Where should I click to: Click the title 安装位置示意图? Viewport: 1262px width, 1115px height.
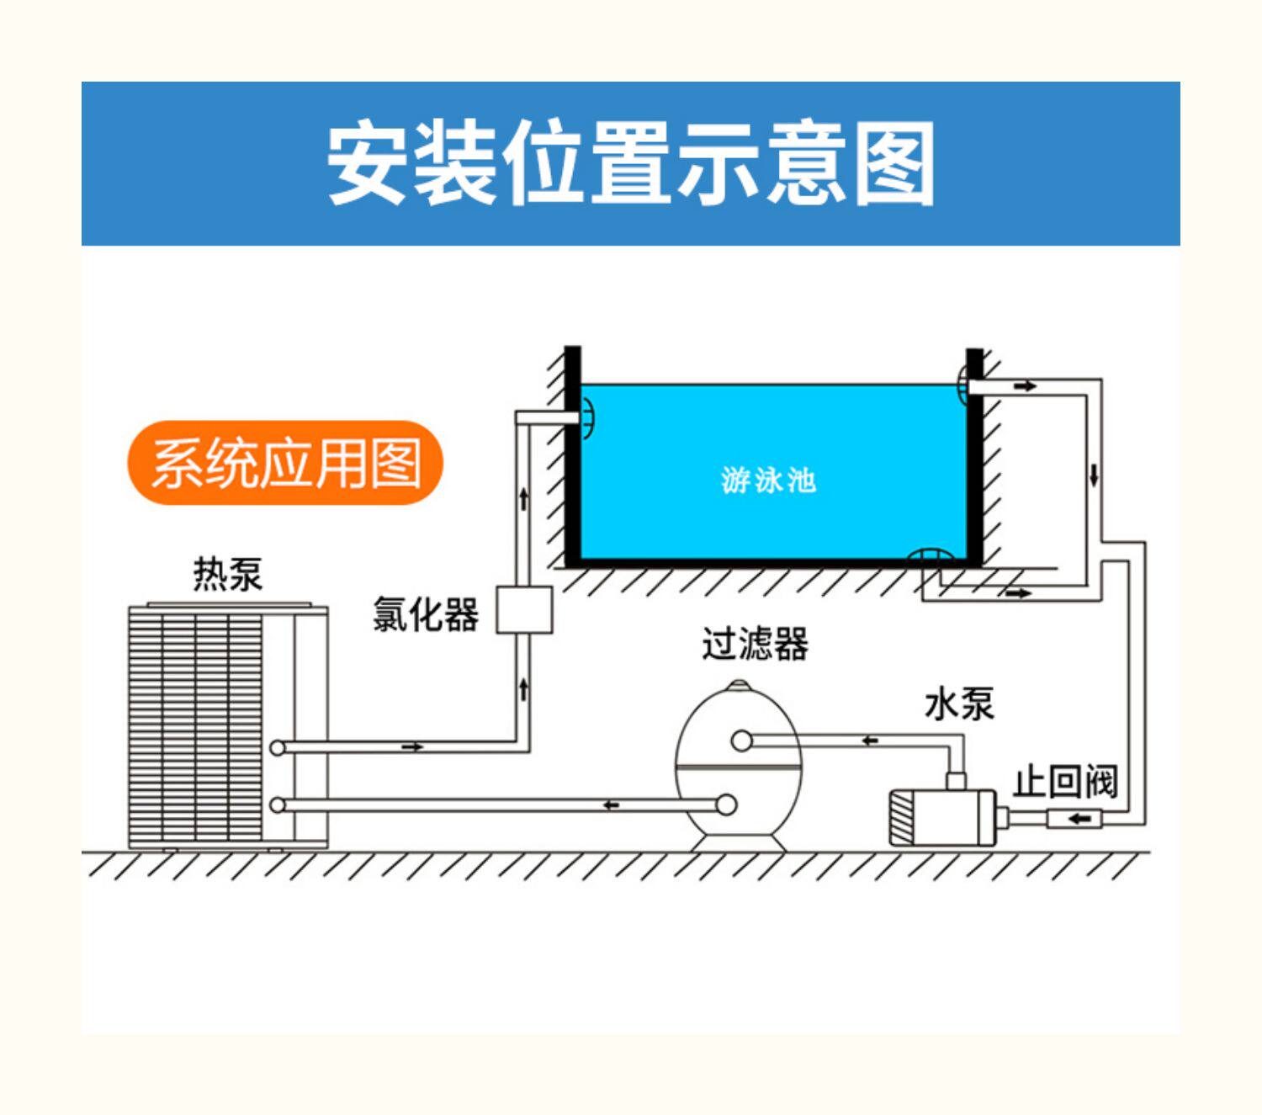631,163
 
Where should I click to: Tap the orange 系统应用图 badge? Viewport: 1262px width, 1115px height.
285,463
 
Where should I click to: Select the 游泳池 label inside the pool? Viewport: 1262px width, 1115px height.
768,481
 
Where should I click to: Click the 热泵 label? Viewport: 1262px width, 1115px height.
227,574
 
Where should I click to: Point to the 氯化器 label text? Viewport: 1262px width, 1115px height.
425,613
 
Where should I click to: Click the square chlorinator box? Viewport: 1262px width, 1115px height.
523,609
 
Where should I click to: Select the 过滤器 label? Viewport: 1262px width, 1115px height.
755,644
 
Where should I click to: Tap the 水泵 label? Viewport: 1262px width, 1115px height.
958,704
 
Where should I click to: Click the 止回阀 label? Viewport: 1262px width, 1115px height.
1064,782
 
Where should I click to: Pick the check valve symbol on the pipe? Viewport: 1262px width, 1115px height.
1074,818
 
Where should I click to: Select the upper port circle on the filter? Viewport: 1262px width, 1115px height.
741,741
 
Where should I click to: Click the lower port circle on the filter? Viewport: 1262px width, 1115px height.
725,804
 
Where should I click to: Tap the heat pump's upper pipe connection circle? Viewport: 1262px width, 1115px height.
278,747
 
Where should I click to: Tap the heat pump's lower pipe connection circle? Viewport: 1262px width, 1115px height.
278,805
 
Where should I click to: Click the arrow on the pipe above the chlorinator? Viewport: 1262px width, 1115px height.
523,498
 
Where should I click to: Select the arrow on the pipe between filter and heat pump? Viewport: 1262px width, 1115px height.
612,805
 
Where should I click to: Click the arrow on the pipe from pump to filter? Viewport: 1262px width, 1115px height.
870,741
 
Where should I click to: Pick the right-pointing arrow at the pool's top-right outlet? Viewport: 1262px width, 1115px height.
1025,386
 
